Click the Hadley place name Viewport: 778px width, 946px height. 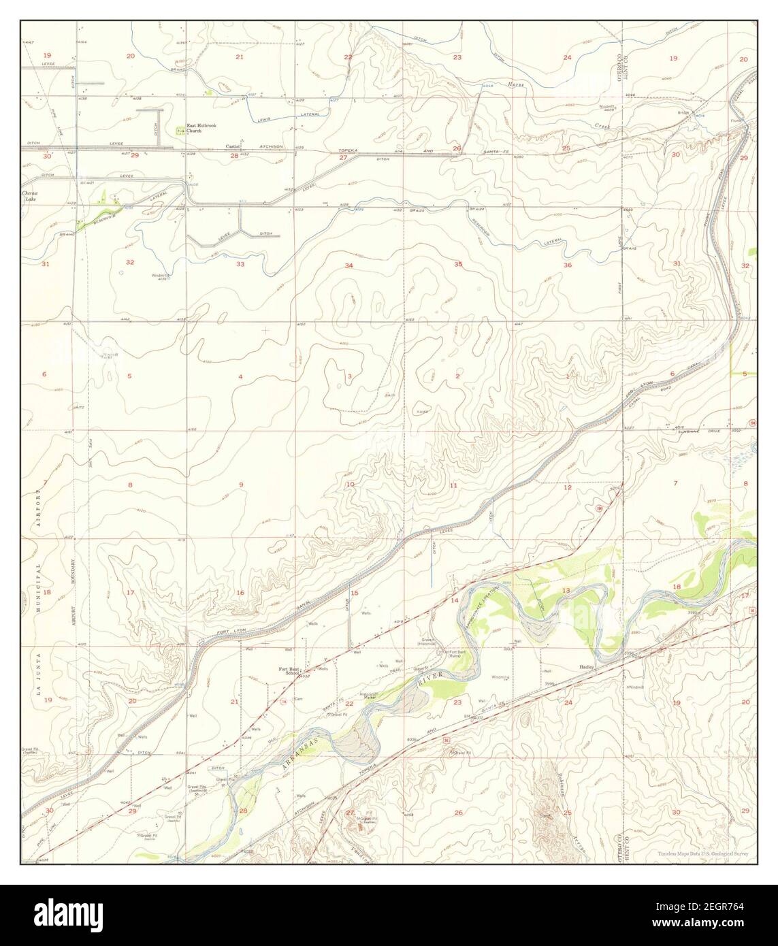pos(587,667)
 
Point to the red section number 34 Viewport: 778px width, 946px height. pos(349,265)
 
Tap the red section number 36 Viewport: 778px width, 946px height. pos(567,265)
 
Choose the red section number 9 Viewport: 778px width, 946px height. pos(240,484)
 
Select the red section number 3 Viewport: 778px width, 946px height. pos(349,376)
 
